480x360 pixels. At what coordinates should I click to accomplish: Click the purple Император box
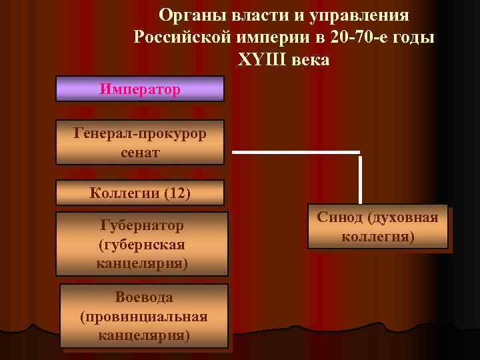[x=139, y=89]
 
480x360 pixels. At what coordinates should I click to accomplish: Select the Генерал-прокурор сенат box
[x=139, y=142]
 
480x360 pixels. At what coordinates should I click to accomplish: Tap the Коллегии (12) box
[x=140, y=193]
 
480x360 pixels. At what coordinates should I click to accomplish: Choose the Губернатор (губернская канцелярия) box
[x=141, y=243]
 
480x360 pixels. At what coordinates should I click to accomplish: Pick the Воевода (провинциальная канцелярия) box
[x=143, y=315]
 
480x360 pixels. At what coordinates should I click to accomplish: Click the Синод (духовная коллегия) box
[x=377, y=227]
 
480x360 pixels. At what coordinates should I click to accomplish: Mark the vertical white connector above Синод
[x=360, y=179]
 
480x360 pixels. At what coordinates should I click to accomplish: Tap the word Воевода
[x=143, y=297]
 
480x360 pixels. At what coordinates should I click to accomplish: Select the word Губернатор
[x=141, y=225]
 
